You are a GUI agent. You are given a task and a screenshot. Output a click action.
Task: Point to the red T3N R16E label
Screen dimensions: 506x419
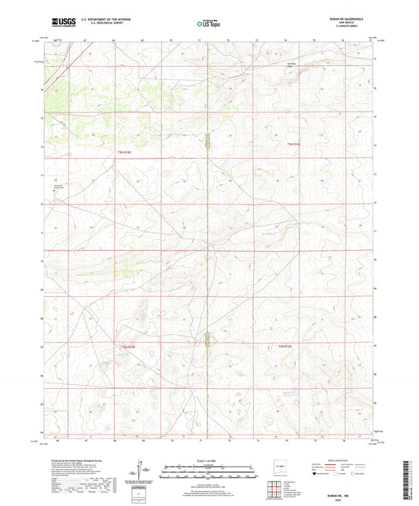[x=294, y=144]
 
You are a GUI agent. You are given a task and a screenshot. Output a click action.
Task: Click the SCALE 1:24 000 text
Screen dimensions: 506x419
[x=209, y=460]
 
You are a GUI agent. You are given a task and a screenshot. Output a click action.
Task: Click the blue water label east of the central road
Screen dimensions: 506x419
[x=267, y=233]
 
